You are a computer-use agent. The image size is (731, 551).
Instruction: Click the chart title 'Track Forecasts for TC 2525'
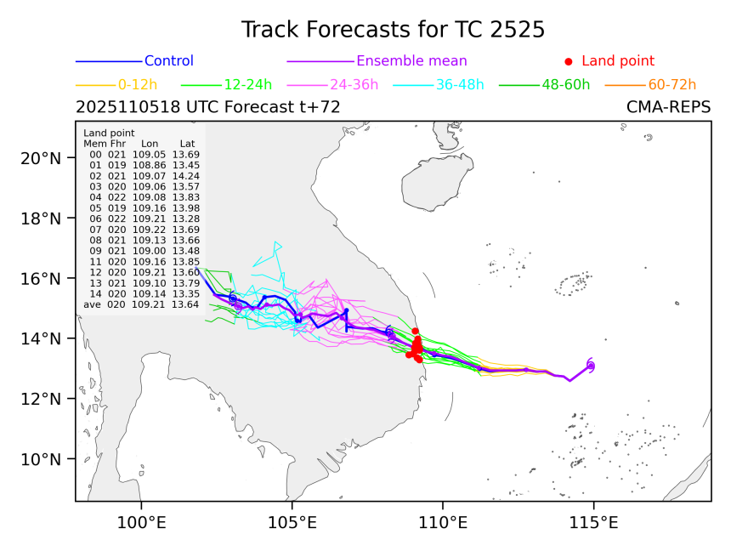393,30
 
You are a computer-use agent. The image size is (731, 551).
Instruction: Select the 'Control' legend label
169,61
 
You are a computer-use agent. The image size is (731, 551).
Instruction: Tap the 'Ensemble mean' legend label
411,61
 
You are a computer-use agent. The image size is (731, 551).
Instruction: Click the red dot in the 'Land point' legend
569,61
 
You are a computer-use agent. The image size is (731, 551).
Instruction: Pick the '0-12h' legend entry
138,84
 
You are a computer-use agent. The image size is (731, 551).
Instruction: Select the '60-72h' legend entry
671,84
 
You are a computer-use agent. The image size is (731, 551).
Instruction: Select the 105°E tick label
292,520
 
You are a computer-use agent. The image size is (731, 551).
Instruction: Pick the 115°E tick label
594,520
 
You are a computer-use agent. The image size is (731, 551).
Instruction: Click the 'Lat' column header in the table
179,144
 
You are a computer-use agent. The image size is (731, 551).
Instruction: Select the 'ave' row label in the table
92,304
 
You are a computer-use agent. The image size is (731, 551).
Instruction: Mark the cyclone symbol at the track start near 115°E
591,366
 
